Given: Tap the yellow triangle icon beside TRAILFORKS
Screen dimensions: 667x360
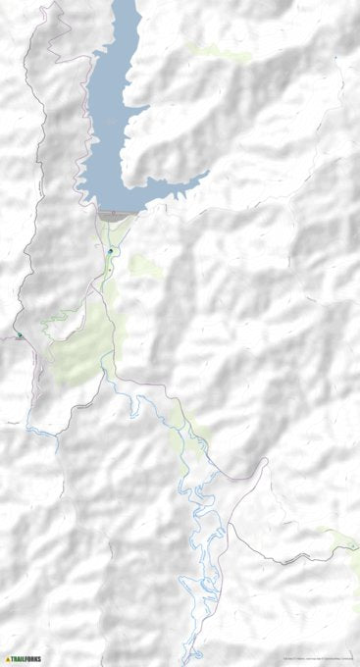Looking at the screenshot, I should [x=8, y=659].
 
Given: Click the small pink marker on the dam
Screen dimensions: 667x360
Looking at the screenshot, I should [x=114, y=210].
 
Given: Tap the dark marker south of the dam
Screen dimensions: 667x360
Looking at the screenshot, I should [x=111, y=252].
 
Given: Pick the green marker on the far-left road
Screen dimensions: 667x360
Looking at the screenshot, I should [x=19, y=335].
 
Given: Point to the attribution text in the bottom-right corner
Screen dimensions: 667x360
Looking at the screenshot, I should [x=319, y=658].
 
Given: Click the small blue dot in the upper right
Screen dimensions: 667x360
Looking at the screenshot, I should [x=335, y=58].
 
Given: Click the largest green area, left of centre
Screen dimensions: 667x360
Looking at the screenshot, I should [x=83, y=353].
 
